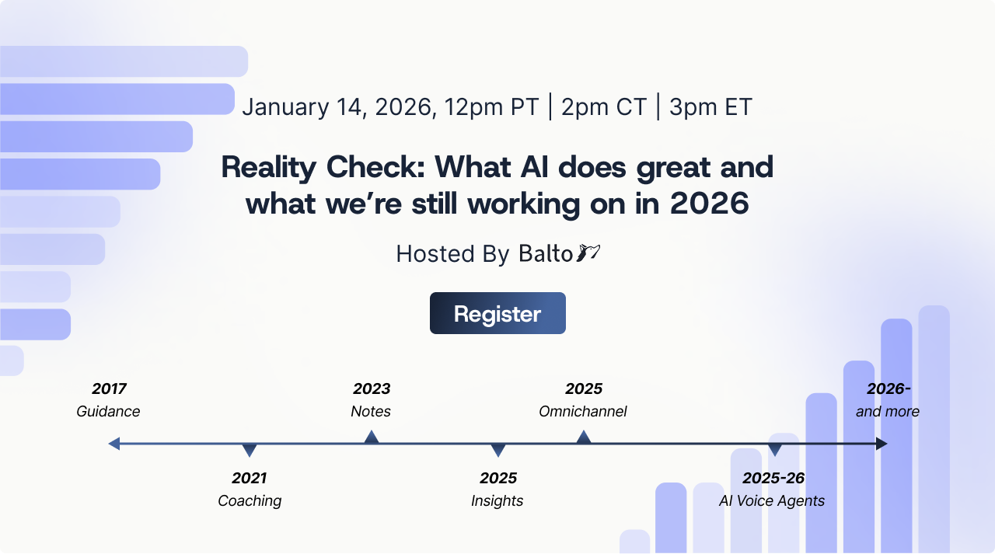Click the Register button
point(497,313)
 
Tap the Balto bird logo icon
point(588,253)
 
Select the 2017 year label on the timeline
point(109,388)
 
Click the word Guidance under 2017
point(108,412)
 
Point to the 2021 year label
point(249,478)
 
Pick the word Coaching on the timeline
point(250,501)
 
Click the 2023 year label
point(372,388)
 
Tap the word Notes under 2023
point(371,412)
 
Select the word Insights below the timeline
point(497,501)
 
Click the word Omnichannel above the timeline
point(583,412)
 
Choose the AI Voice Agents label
point(772,501)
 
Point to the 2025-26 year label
point(773,478)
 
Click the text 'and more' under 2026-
point(888,412)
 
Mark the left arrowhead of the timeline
point(114,444)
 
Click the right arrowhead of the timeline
point(881,444)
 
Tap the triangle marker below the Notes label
point(372,437)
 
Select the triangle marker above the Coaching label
point(250,450)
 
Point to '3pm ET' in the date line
point(710,107)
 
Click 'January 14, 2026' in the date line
point(338,107)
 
